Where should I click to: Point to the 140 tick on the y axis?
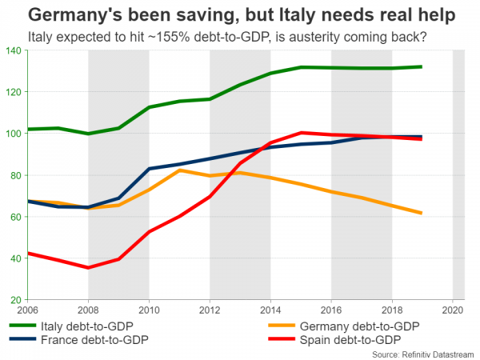[x=14, y=50]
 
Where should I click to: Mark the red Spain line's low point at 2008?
[x=88, y=267]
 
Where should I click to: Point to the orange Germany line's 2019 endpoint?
[x=422, y=213]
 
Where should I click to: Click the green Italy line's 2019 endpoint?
[x=422, y=67]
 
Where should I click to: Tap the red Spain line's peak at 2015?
[x=301, y=133]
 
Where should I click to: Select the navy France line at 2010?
[x=149, y=169]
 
